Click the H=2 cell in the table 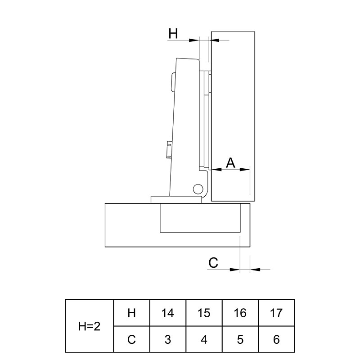pyautogui.click(x=90, y=326)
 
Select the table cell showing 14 pyautogui.click(x=168, y=313)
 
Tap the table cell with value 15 pyautogui.click(x=204, y=313)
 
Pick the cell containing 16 pyautogui.click(x=240, y=313)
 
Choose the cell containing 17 pyautogui.click(x=276, y=313)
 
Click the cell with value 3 pyautogui.click(x=168, y=339)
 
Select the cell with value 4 pyautogui.click(x=204, y=339)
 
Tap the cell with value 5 pyautogui.click(x=240, y=339)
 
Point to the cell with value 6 pyautogui.click(x=276, y=339)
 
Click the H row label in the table pyautogui.click(x=131, y=313)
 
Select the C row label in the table pyautogui.click(x=131, y=339)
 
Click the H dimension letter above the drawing pyautogui.click(x=173, y=33)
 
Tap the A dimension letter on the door pyautogui.click(x=230, y=163)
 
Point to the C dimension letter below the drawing pyautogui.click(x=213, y=263)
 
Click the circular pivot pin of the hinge pyautogui.click(x=198, y=189)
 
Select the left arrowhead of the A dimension pyautogui.click(x=216, y=170)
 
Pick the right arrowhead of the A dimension pyautogui.click(x=245, y=170)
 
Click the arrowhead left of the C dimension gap pyautogui.click(x=234, y=269)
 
